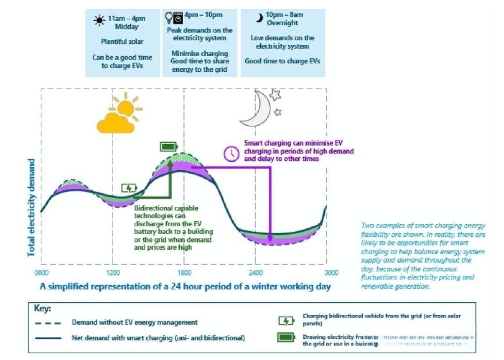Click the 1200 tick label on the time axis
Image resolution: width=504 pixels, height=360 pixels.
[x=113, y=273]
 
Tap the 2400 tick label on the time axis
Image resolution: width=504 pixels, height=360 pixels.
[x=254, y=273]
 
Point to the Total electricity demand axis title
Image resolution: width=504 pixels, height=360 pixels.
[x=31, y=207]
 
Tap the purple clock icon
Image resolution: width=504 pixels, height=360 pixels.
[x=230, y=154]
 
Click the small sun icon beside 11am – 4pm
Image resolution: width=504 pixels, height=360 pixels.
[x=99, y=20]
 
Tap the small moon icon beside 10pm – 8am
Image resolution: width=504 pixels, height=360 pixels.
[x=258, y=18]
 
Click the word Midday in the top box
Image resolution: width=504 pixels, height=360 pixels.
[x=126, y=27]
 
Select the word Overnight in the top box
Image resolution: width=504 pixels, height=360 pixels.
[x=283, y=23]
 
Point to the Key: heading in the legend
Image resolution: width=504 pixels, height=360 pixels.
[x=42, y=309]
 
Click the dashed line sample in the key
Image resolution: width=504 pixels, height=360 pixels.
[x=48, y=323]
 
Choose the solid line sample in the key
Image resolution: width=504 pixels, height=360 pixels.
[x=48, y=338]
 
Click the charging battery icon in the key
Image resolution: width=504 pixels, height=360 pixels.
[x=286, y=321]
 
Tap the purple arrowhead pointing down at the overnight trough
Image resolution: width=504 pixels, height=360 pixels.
[x=270, y=240]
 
